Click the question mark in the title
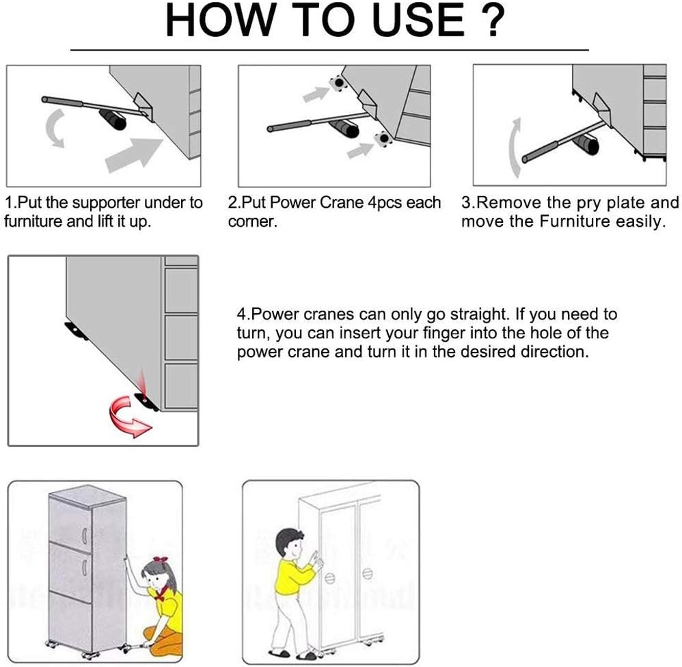tap(493, 20)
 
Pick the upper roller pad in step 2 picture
tap(338, 82)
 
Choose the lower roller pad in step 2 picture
tap(383, 139)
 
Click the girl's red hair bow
tap(160, 560)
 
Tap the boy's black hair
tap(289, 539)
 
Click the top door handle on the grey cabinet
tap(84, 536)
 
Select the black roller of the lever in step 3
tap(586, 144)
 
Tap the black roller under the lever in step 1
tap(112, 119)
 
